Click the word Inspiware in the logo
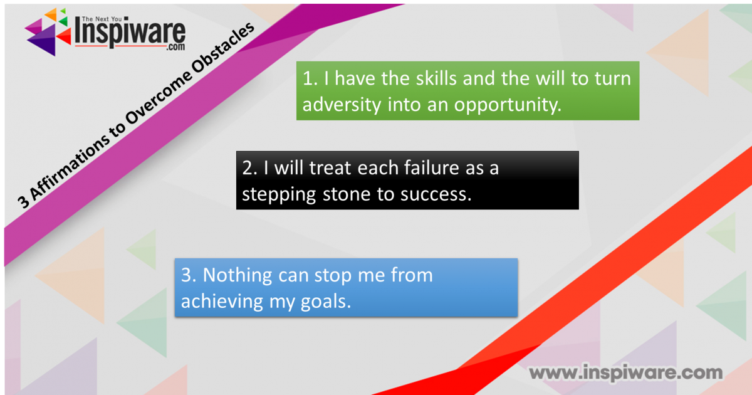(130, 33)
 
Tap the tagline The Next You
(102, 19)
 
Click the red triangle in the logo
(64, 36)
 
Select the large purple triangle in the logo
(43, 40)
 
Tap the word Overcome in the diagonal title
(159, 97)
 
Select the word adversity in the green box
(342, 105)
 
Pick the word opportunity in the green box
(508, 105)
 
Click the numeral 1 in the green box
(308, 78)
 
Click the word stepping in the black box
(279, 195)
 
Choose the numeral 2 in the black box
(248, 168)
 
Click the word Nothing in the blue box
(238, 275)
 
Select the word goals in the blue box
(325, 302)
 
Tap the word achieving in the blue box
(222, 302)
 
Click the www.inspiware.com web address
(626, 373)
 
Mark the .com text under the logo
(175, 47)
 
